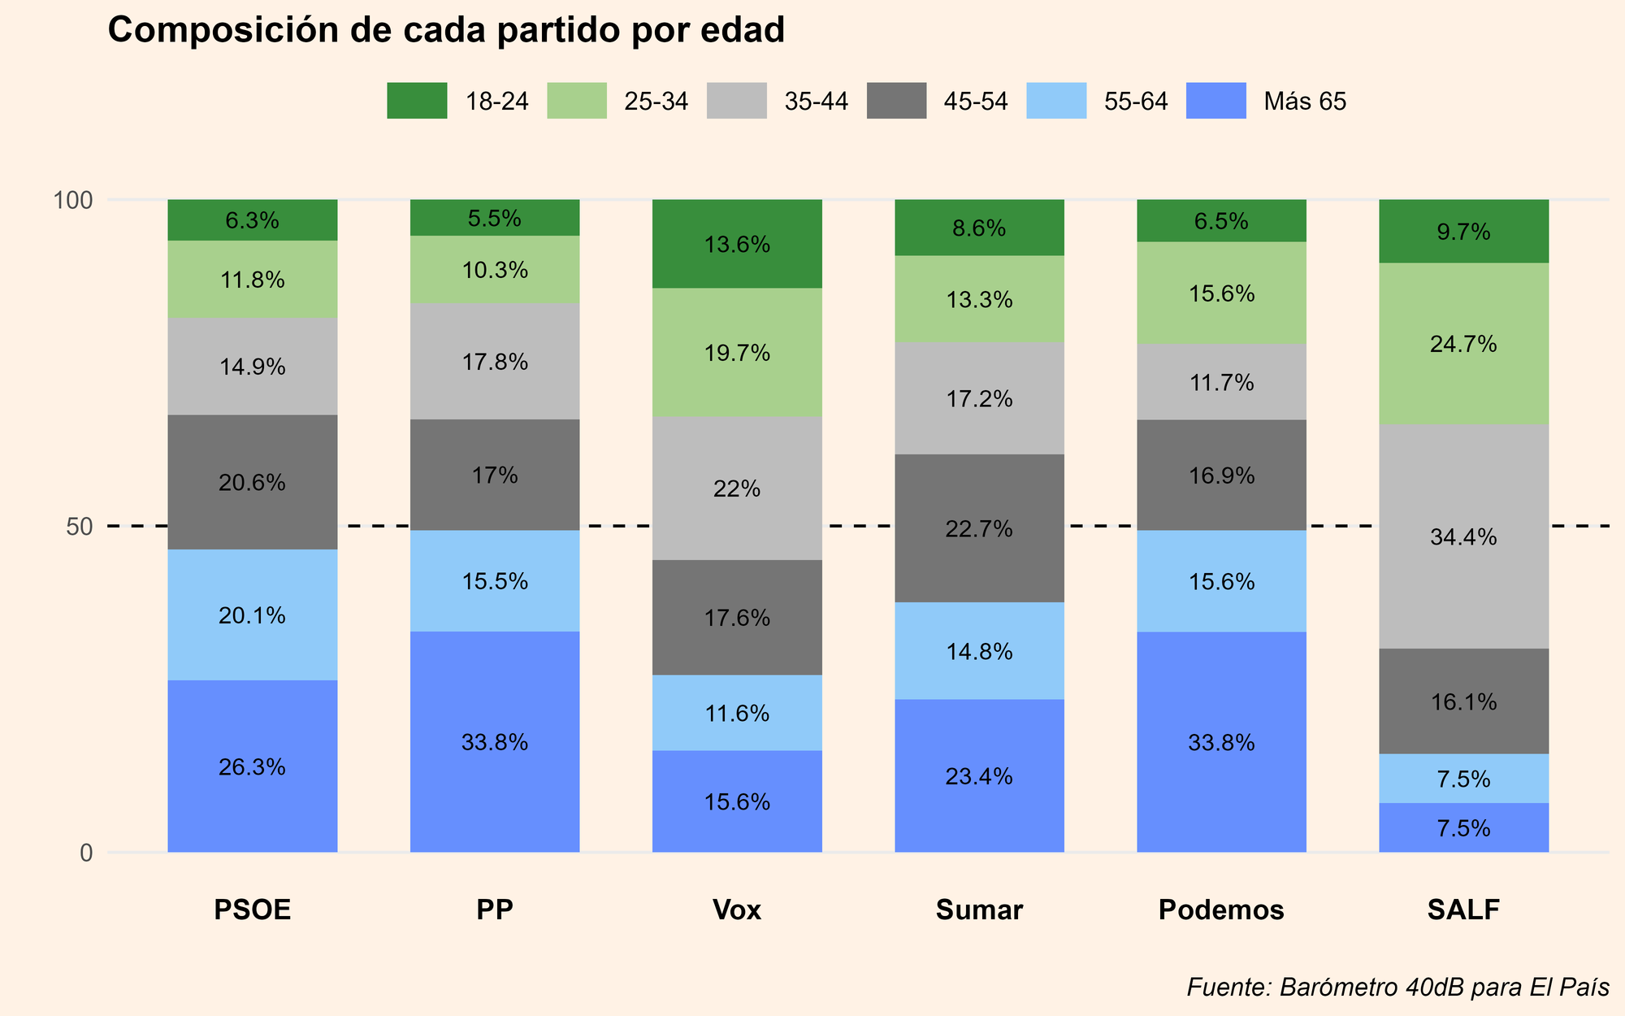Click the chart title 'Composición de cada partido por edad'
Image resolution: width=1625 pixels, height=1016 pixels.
click(446, 31)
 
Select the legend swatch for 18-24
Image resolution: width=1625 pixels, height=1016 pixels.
click(417, 101)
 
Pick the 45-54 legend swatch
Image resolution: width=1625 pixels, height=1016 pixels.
click(896, 101)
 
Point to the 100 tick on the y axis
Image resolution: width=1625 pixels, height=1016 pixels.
click(74, 200)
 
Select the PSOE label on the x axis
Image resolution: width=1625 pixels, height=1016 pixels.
click(252, 910)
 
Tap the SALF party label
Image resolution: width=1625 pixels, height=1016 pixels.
click(1463, 910)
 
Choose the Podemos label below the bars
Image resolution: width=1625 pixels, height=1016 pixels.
click(1221, 910)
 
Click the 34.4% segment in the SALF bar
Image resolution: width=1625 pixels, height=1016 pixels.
click(1463, 536)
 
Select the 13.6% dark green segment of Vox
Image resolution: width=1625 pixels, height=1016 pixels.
click(737, 244)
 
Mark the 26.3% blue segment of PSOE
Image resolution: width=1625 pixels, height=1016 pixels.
click(252, 766)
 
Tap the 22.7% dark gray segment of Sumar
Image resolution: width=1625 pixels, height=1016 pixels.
click(979, 528)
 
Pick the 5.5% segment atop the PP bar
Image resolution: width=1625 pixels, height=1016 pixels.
click(495, 218)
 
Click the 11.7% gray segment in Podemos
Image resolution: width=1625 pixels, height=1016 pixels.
click(1221, 382)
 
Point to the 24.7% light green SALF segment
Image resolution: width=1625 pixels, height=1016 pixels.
click(1463, 344)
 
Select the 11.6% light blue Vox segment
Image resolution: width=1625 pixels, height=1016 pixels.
click(737, 713)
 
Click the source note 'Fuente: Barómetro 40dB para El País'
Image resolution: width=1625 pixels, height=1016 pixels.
click(1397, 987)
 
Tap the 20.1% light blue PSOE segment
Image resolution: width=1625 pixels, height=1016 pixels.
click(252, 615)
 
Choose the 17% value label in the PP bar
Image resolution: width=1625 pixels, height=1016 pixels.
click(495, 475)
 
